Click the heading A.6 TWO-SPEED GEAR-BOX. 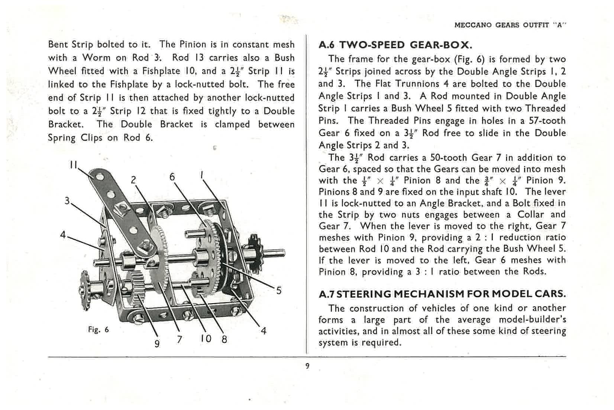pyautogui.click(x=395, y=45)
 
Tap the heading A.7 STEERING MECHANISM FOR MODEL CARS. pyautogui.click(x=442, y=294)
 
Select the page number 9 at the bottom pyautogui.click(x=307, y=366)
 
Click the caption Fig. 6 pyautogui.click(x=98, y=330)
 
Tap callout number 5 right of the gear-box pyautogui.click(x=279, y=290)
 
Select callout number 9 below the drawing pyautogui.click(x=157, y=343)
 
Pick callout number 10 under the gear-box pyautogui.click(x=205, y=339)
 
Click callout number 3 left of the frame pyautogui.click(x=67, y=201)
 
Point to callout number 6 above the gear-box pyautogui.click(x=172, y=176)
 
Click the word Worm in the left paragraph pyautogui.click(x=96, y=58)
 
